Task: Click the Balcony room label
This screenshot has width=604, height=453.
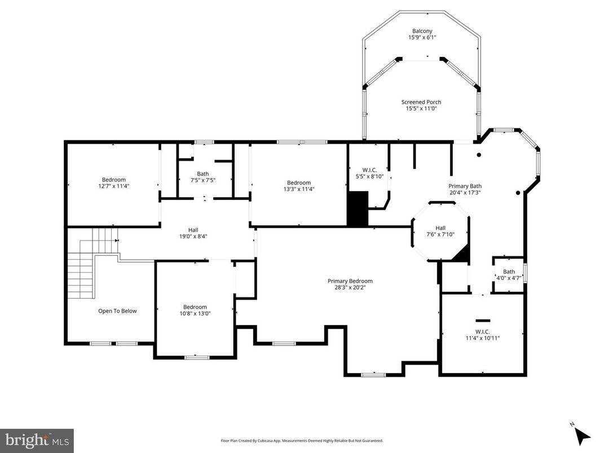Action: [x=422, y=34]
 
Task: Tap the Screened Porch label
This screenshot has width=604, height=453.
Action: [x=421, y=105]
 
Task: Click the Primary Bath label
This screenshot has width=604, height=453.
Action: [x=465, y=189]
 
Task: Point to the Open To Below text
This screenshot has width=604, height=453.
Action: [x=117, y=311]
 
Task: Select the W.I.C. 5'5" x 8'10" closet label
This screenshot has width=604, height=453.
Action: [x=368, y=173]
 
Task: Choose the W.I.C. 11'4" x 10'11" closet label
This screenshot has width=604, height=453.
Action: [x=483, y=335]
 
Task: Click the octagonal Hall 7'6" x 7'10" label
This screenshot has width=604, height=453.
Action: [x=440, y=231]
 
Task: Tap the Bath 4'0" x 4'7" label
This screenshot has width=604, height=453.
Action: [x=509, y=274]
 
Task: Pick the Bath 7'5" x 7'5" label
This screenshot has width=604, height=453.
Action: [x=202, y=177]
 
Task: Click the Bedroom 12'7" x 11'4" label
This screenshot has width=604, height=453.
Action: [x=113, y=183]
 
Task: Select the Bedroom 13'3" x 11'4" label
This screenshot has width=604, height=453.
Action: [x=298, y=186]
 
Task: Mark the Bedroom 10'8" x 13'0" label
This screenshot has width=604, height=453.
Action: [x=195, y=310]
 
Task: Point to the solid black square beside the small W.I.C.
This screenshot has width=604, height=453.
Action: [x=357, y=208]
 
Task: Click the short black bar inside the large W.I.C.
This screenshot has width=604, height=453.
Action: [x=483, y=320]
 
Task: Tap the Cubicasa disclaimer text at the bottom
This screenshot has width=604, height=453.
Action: [x=301, y=441]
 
